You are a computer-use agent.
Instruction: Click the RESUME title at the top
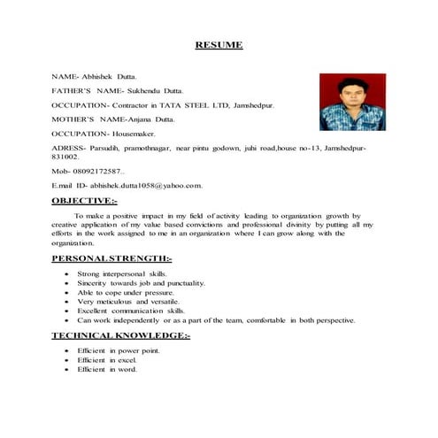pyautogui.click(x=218, y=45)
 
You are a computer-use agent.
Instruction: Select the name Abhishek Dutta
pyautogui.click(x=112, y=77)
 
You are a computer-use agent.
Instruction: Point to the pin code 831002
pyautogui.click(x=66, y=155)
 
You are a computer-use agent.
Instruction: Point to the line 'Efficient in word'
pyautogui.click(x=108, y=370)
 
